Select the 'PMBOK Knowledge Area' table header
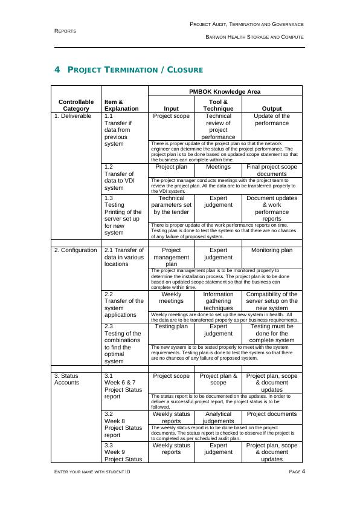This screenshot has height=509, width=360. [225, 92]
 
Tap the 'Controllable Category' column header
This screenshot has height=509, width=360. [76, 105]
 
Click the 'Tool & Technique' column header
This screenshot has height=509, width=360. [218, 105]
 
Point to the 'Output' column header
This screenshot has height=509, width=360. [271, 109]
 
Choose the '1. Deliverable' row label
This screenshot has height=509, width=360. [73, 115]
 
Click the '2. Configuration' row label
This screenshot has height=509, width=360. [76, 250]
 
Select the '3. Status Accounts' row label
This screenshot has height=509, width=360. [68, 379]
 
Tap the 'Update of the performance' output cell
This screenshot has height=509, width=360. [271, 119]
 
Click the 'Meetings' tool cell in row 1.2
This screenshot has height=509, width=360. [218, 166]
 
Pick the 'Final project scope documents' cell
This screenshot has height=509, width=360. [271, 170]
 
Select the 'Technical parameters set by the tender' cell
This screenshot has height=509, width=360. [172, 205]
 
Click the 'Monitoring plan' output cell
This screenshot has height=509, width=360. [271, 250]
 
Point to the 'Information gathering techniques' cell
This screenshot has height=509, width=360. [218, 300]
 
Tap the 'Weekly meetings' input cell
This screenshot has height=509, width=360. [172, 297]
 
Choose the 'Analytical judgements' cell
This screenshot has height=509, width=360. [218, 418]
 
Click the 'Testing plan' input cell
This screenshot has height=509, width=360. [172, 326]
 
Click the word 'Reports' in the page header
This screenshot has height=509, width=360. [65, 30]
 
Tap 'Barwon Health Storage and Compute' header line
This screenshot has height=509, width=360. [254, 37]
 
